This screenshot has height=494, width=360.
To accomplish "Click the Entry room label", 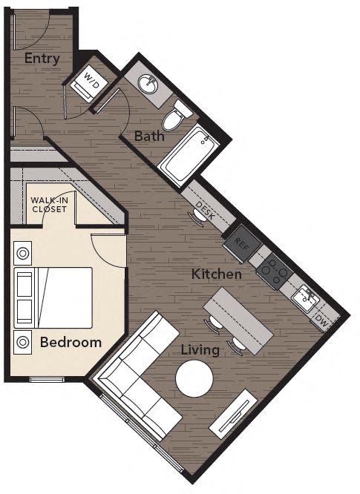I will coord(42,59).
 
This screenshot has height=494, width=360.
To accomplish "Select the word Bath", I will coord(149,136).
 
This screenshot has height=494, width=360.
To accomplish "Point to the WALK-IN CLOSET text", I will coord(48,205).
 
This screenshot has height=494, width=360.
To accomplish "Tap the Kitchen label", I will coord(217,274).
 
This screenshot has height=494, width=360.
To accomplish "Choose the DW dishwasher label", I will coord(321,320).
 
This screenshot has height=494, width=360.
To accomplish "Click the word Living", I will coord(200,349).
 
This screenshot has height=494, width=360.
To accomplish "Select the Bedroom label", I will coord(71,342).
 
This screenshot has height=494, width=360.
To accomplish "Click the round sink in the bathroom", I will coord(153,84).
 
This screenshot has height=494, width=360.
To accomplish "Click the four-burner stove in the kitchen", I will coord(273,271).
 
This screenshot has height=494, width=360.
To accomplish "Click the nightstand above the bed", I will coord(24,253).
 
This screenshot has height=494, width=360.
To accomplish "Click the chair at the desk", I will coord(199,217).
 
